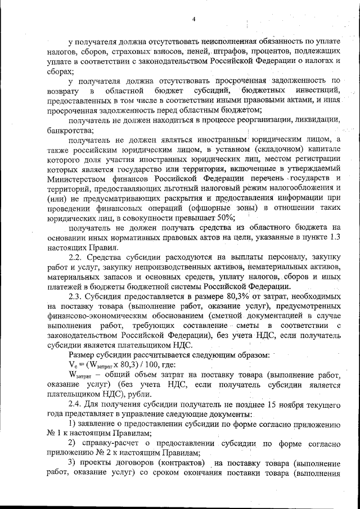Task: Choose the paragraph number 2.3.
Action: tap(75, 296)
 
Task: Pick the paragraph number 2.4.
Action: tap(75, 404)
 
